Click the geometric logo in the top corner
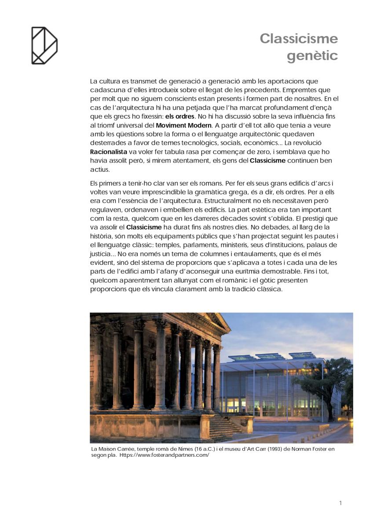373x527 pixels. [x=44, y=45]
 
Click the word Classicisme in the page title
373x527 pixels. [x=299, y=39]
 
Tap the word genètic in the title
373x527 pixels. [x=312, y=56]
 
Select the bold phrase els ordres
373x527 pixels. [x=179, y=117]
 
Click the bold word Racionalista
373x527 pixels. [x=110, y=152]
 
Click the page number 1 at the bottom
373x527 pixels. [x=340, y=503]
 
